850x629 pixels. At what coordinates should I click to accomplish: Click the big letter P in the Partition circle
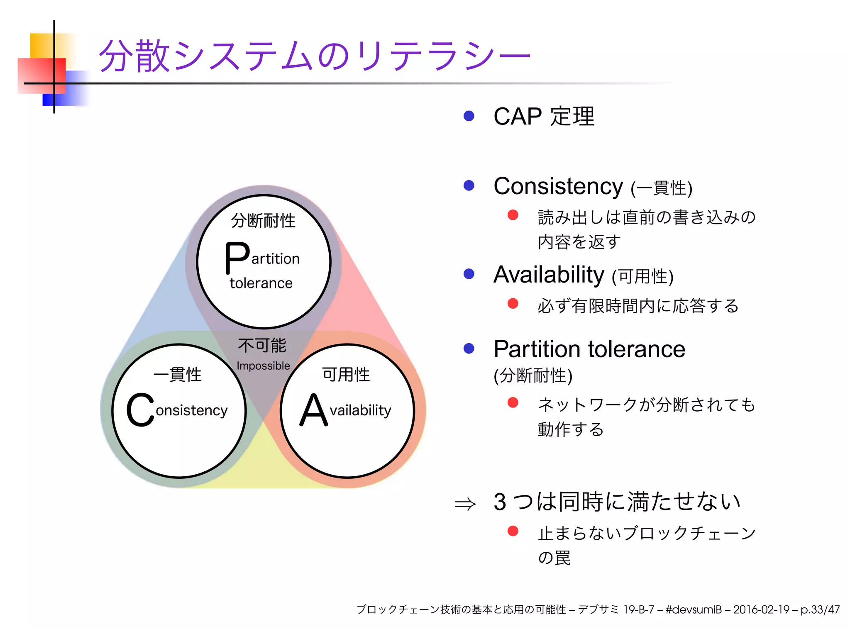tap(237, 258)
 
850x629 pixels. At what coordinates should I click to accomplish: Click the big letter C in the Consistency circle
tap(140, 410)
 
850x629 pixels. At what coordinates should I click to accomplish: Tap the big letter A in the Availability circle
tap(313, 410)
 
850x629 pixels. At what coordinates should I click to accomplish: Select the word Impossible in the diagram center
tap(263, 366)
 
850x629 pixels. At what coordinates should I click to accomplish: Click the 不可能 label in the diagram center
tap(262, 345)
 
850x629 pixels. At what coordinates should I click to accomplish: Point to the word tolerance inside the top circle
tap(261, 283)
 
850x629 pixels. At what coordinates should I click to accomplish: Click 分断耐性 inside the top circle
tap(263, 220)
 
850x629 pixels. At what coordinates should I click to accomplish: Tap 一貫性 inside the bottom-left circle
tap(178, 374)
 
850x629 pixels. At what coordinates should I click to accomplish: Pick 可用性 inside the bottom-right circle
tap(346, 374)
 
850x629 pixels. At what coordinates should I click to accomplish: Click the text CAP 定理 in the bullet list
tap(544, 116)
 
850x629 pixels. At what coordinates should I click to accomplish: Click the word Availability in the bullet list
tap(549, 275)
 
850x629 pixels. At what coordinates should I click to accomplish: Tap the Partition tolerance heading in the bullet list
tap(589, 349)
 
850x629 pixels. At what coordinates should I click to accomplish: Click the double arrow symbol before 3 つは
tap(465, 504)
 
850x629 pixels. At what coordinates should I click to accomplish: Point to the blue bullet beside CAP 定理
tap(469, 116)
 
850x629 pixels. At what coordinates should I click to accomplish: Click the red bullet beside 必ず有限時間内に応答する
tap(513, 303)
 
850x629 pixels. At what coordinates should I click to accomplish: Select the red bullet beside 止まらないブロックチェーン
tap(513, 531)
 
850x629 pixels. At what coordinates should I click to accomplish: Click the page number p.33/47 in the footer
tap(820, 609)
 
